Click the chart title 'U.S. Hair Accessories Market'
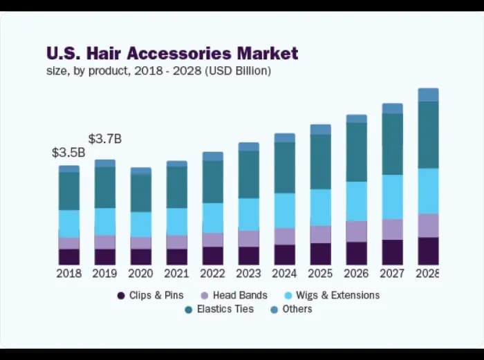click(x=172, y=53)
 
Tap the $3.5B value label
click(x=68, y=153)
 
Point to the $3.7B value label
click(x=104, y=139)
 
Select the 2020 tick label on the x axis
click(x=140, y=273)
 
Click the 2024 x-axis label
click(x=284, y=273)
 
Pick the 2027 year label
click(x=392, y=273)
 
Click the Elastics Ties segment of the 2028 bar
click(x=428, y=135)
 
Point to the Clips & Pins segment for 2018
click(x=68, y=256)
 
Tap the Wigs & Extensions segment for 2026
click(x=356, y=201)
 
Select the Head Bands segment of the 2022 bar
click(x=212, y=239)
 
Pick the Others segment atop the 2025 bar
click(x=320, y=129)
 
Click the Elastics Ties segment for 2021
click(x=176, y=187)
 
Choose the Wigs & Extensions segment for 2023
click(x=248, y=214)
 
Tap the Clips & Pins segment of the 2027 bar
click(x=392, y=252)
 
